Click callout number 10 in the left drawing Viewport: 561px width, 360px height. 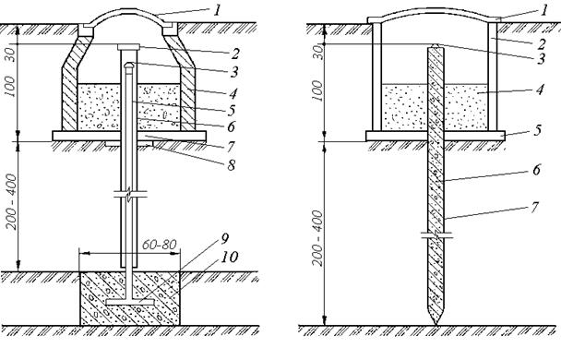click(229, 257)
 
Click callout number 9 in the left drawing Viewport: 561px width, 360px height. click(224, 239)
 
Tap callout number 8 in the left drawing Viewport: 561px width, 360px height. click(231, 165)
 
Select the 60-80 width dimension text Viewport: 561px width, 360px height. click(160, 245)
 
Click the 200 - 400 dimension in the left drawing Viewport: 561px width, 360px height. click(12, 201)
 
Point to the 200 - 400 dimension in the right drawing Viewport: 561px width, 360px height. click(317, 237)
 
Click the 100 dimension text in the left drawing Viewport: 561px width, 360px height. click(11, 86)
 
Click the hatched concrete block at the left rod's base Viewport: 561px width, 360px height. click(129, 298)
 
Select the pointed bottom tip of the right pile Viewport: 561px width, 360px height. click(436, 324)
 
